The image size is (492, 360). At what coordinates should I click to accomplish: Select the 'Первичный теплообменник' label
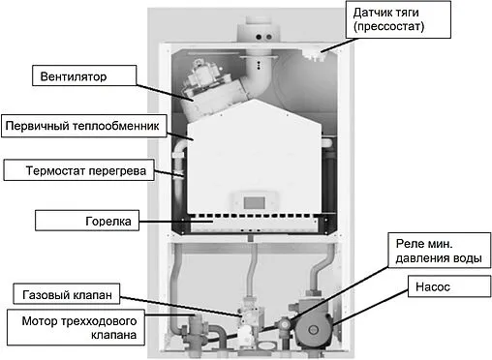[x=82, y=126]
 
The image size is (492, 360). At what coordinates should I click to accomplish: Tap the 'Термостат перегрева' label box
[x=77, y=172]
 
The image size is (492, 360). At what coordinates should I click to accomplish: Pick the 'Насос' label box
[x=431, y=287]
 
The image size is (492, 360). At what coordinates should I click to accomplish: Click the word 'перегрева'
[x=116, y=172]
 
